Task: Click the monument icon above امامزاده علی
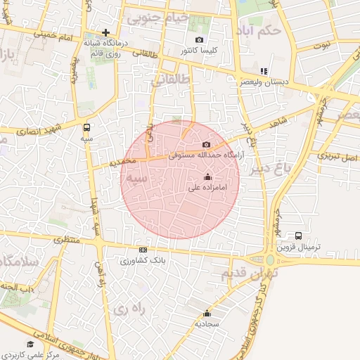tap(207, 177)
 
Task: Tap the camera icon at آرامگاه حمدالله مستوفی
tap(205, 144)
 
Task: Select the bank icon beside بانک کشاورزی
tap(143, 250)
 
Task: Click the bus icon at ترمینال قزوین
tap(299, 236)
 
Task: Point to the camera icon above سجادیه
tap(207, 314)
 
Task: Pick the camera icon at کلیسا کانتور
tap(199, 40)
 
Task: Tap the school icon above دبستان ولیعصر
tap(264, 71)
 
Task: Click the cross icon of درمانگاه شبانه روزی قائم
tap(105, 32)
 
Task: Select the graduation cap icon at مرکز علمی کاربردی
tap(30, 343)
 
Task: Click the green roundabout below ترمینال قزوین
tap(271, 260)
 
